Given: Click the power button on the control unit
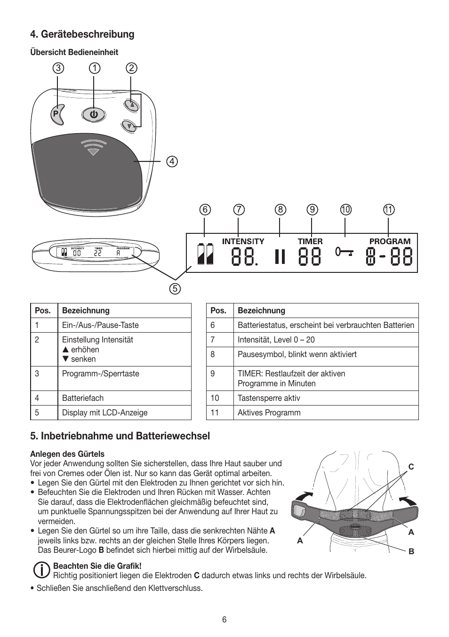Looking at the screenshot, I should (x=94, y=114).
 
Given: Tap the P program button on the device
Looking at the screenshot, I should (x=56, y=114).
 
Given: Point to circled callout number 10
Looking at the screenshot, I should (x=346, y=210).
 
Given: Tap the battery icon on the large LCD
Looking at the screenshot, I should (x=205, y=254).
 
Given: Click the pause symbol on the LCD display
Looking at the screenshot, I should (x=280, y=257).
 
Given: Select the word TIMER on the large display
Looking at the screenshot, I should (x=310, y=241).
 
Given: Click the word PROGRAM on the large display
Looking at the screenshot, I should (x=390, y=241).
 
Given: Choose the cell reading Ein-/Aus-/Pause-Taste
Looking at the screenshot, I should (x=100, y=325).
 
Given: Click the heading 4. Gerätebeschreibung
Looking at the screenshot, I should (x=82, y=34).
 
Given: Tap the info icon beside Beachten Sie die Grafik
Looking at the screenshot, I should (x=42, y=570).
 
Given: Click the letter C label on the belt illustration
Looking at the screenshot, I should (x=411, y=467).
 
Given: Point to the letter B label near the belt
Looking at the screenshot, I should (x=411, y=551).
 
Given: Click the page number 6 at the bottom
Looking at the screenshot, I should (x=224, y=620).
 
